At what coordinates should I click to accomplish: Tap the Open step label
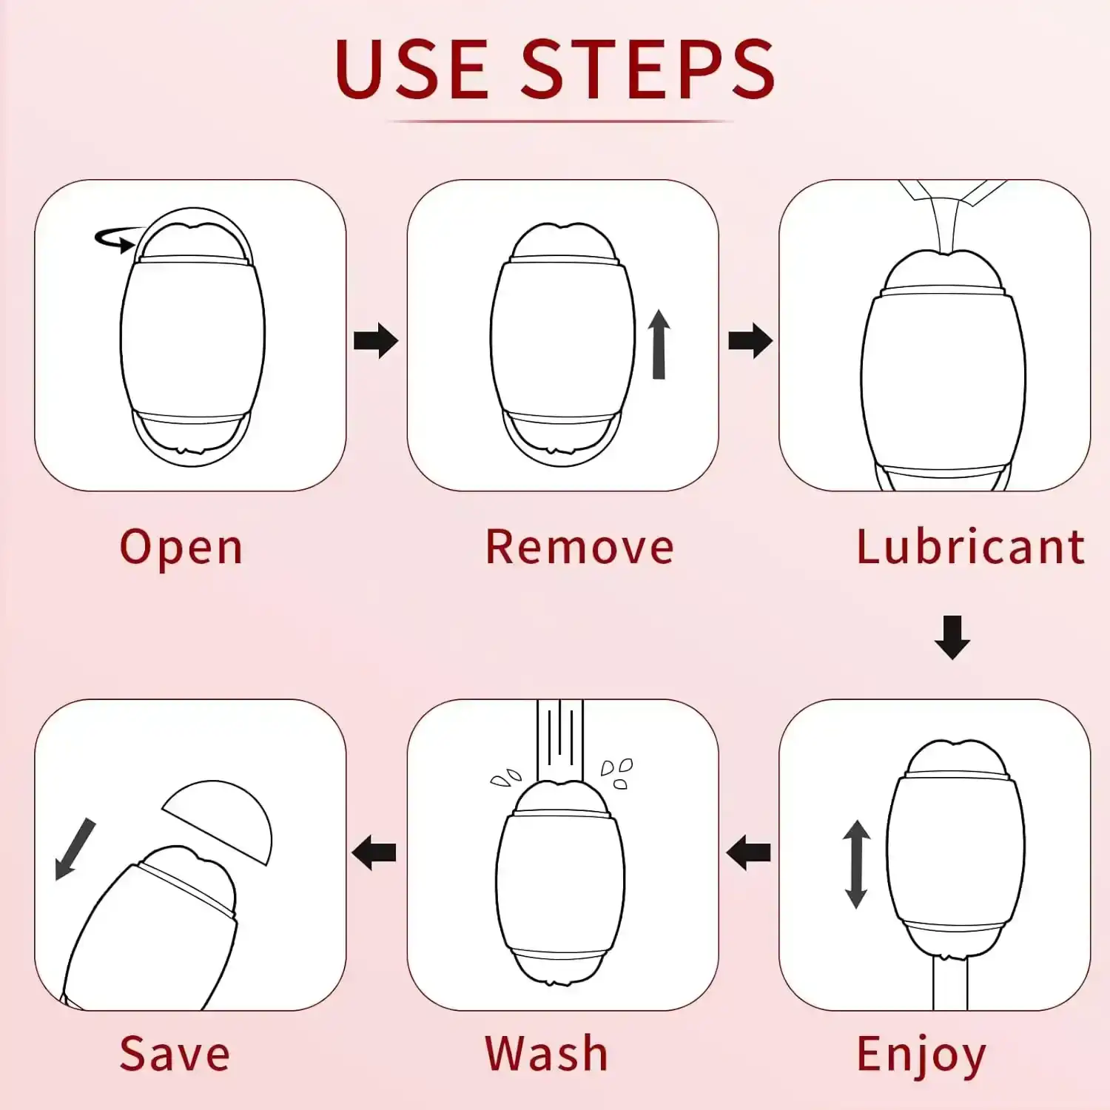181,548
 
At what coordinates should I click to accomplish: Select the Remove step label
579,548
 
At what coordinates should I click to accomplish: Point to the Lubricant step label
970,548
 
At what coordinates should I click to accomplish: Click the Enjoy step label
921,1054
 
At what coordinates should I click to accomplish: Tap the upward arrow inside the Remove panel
659,345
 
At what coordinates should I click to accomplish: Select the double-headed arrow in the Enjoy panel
856,864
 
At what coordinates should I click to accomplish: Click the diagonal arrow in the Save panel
75,849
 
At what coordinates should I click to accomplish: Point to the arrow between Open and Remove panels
376,340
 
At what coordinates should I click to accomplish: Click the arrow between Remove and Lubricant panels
750,340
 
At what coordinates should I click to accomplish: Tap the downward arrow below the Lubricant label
952,636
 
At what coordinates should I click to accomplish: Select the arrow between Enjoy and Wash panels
749,853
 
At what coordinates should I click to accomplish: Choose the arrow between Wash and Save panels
374,853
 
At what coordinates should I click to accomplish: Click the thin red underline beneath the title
560,121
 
